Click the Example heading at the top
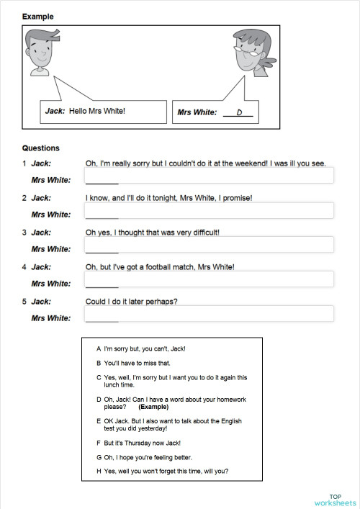37,17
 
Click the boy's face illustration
40,52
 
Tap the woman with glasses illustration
253,52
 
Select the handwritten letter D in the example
239,112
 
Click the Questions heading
41,148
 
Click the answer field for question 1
209,176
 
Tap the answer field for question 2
209,210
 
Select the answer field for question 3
209,245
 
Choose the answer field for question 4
209,279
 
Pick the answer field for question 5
209,314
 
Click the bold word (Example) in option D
153,407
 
